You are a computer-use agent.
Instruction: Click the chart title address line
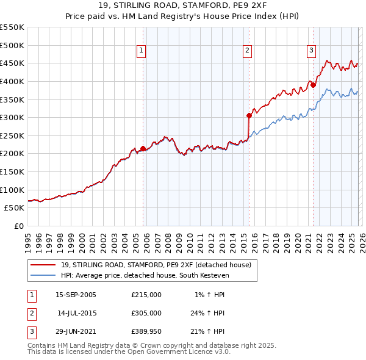[182, 5]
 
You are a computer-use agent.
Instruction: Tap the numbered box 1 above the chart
[141, 51]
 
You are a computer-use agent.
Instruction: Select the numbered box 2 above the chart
[248, 51]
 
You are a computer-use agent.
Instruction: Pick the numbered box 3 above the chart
[311, 51]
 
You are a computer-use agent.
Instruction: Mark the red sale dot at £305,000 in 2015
[249, 115]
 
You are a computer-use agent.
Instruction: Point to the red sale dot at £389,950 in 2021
[313, 85]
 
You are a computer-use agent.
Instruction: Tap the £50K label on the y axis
[15, 207]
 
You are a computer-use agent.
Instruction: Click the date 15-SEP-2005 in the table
[76, 295]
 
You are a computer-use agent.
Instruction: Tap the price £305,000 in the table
[146, 313]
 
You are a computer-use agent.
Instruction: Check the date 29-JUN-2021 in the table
[76, 331]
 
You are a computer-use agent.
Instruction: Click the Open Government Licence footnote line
[129, 352]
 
